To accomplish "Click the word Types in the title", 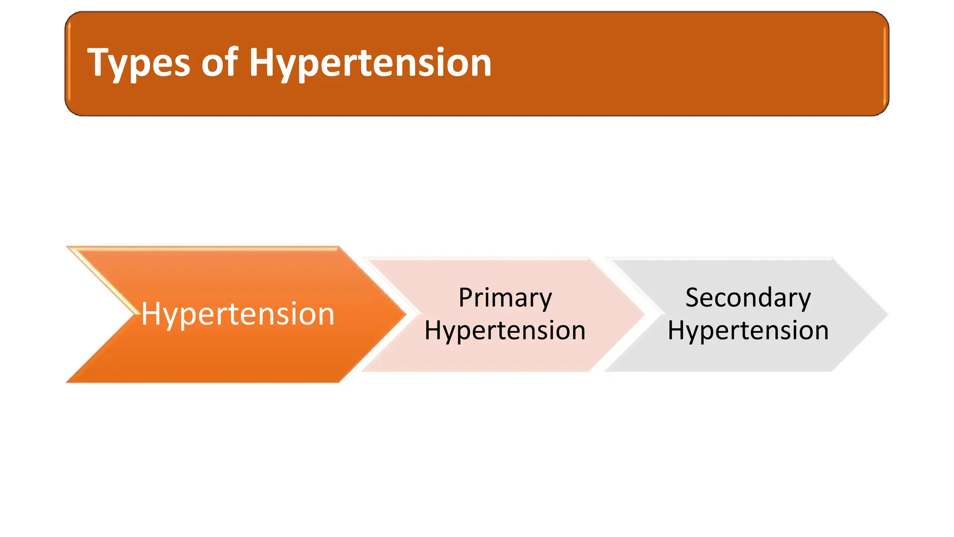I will point(138,63).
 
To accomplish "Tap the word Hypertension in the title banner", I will point(370,63).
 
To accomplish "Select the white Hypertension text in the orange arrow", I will point(238,314).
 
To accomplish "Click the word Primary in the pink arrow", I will point(505,298).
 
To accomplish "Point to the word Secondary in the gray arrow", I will point(748,298).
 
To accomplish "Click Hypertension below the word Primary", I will point(505,330).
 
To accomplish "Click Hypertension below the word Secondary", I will point(748,330).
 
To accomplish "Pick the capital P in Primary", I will point(466,297).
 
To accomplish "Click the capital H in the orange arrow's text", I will point(151,313).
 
